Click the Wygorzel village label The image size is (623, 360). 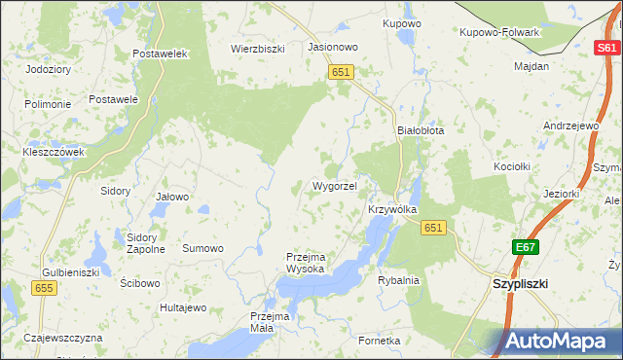pyautogui.click(x=335, y=186)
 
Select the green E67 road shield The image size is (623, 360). pyautogui.click(x=527, y=248)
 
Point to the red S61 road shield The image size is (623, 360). pyautogui.click(x=606, y=48)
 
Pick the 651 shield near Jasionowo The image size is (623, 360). pyautogui.click(x=340, y=72)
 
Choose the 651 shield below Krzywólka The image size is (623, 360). pyautogui.click(x=433, y=228)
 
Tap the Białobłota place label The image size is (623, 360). pyautogui.click(x=421, y=130)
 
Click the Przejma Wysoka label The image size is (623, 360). pyautogui.click(x=311, y=263)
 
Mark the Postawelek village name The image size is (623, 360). pyautogui.click(x=161, y=54)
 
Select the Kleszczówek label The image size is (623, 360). pyautogui.click(x=54, y=153)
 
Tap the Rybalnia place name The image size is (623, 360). pyautogui.click(x=398, y=280)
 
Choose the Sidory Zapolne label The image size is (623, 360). pyautogui.click(x=146, y=242)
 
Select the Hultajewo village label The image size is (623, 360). pyautogui.click(x=184, y=308)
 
